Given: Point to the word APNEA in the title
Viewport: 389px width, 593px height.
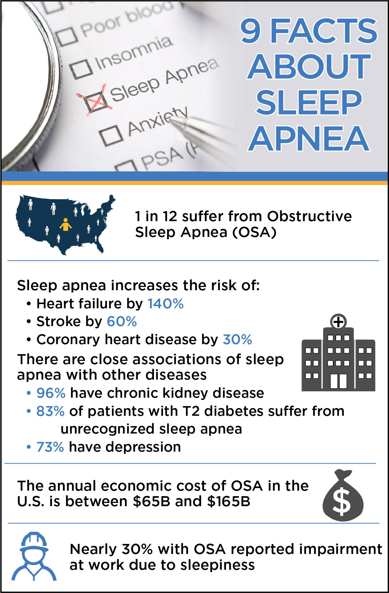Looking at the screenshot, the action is (309, 138).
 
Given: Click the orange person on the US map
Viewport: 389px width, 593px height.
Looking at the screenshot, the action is (66, 224).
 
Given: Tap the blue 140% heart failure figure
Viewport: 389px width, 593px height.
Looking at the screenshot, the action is (166, 304).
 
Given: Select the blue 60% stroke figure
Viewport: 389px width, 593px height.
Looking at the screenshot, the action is (122, 322).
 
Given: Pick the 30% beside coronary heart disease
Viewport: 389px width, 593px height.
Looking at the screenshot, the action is (237, 340).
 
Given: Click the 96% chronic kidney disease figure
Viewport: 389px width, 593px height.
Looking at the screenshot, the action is (51, 393).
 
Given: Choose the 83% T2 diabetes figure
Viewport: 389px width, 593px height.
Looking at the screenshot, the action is (50, 411).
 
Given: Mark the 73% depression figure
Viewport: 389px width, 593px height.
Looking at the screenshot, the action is (50, 447).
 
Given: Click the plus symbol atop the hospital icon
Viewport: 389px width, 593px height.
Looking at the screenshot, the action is (338, 322).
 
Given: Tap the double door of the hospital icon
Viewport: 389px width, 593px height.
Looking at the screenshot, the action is (339, 381).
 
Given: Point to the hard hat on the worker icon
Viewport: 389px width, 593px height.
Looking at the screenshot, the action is (34, 542).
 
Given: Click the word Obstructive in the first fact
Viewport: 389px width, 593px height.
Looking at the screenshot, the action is (309, 216).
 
